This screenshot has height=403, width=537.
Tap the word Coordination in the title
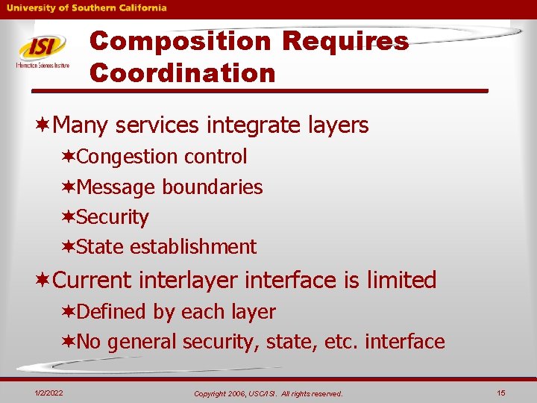point(183,73)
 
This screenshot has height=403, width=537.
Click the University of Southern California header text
point(87,8)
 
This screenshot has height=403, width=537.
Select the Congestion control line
point(161,157)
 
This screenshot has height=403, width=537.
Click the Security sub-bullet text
point(113,217)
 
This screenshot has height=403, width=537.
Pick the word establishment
point(192,247)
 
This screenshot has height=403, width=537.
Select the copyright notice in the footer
point(268,393)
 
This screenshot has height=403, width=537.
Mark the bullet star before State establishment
point(69,247)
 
